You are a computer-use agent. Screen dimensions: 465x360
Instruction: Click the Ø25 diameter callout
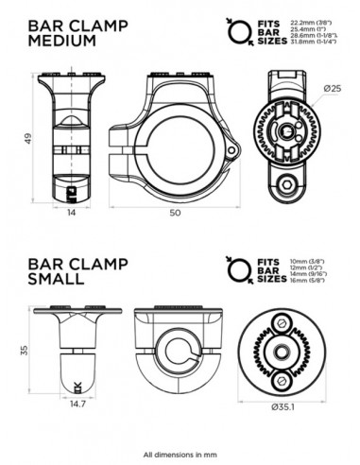(331, 88)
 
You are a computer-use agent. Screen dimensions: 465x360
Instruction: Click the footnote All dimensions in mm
(180, 454)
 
